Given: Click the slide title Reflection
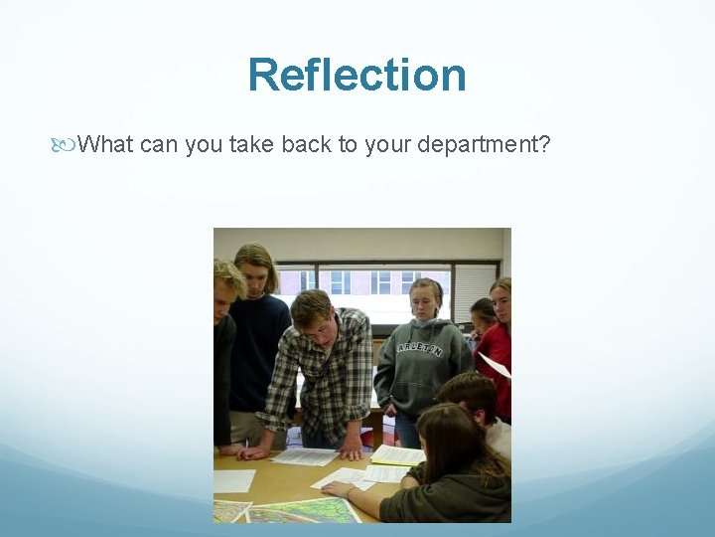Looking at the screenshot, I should coord(357,75).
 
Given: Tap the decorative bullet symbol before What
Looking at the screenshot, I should coord(67,145).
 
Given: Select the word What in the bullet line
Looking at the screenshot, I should coord(106,145).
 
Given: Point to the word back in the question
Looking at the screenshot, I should coord(306,145).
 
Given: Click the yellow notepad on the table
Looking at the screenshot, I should coord(398,455).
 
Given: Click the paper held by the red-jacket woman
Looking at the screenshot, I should coord(494,365).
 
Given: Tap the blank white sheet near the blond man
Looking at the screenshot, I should coord(233,480).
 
